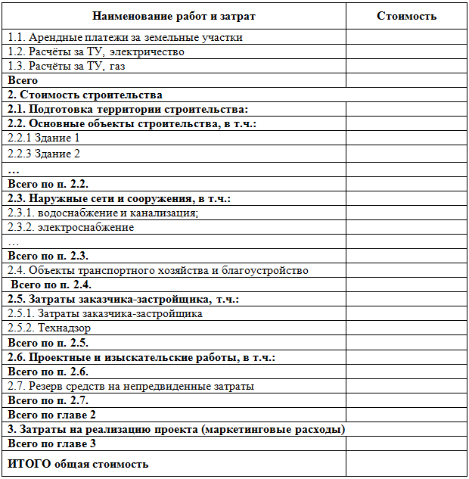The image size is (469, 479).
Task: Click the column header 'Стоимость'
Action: [x=406, y=16]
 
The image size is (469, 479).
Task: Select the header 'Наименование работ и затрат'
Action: [x=174, y=16]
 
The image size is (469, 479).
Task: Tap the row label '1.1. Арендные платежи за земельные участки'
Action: [x=125, y=37]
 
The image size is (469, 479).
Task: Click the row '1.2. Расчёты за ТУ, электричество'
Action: [x=96, y=51]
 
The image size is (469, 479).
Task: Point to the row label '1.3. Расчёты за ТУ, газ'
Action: [x=67, y=66]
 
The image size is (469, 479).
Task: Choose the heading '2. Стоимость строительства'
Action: [x=85, y=95]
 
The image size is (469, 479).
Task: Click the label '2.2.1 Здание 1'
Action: [x=44, y=138]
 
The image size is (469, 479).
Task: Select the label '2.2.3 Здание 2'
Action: [x=44, y=154]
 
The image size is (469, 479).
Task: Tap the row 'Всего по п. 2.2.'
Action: [x=48, y=183]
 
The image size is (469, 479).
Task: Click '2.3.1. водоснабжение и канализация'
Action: [x=103, y=213]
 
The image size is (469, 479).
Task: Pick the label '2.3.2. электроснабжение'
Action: [x=71, y=227]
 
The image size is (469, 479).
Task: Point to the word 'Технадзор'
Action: [x=65, y=328]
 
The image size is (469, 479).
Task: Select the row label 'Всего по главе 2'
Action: [x=51, y=415]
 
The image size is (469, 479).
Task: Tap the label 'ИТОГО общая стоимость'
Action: [x=78, y=464]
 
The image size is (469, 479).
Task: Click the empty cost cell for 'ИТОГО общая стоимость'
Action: [x=406, y=464]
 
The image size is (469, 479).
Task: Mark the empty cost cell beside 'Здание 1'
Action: [x=406, y=138]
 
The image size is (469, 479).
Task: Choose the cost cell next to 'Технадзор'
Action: [x=406, y=328]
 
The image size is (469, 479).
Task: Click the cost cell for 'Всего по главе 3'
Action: [x=406, y=444]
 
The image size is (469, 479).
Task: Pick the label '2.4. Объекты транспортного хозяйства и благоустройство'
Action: [x=158, y=270]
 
